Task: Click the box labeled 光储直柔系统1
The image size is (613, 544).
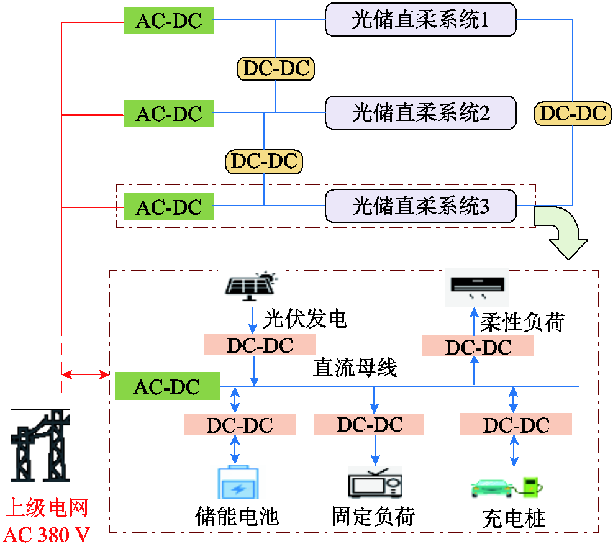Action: click(420, 19)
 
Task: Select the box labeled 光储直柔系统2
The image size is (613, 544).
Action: click(420, 112)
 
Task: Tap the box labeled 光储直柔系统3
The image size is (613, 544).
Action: click(420, 206)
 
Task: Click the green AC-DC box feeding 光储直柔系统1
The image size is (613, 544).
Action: click(168, 20)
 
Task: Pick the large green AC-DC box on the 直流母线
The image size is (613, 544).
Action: click(167, 386)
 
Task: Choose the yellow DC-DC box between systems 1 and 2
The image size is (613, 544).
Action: click(276, 68)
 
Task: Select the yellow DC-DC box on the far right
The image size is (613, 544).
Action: click(573, 114)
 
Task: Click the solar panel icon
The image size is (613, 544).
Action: click(251, 286)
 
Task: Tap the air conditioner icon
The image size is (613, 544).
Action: click(478, 287)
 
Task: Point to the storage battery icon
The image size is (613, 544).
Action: click(238, 482)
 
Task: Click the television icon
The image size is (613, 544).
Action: click(375, 483)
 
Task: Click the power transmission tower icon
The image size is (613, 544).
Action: click(40, 445)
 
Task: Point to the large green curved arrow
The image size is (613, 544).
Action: click(563, 232)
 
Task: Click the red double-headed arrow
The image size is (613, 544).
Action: click(85, 375)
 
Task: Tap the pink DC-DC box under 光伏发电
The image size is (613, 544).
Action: click(260, 345)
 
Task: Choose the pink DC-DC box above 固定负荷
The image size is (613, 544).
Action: click(369, 425)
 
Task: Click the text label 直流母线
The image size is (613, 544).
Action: click(355, 368)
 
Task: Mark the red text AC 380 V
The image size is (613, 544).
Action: click(47, 534)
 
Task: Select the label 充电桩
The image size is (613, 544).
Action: click(514, 519)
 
